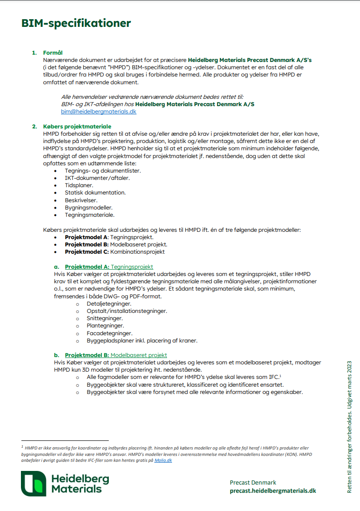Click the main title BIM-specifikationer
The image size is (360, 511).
click(76, 23)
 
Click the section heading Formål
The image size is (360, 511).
click(53, 53)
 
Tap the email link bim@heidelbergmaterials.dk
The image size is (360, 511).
click(99, 112)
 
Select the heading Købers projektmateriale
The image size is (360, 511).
click(77, 126)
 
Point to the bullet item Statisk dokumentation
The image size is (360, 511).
click(95, 193)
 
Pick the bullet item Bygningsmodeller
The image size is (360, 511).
click(88, 207)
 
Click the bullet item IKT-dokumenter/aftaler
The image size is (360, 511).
click(97, 178)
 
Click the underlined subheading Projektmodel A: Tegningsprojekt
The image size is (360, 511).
click(109, 266)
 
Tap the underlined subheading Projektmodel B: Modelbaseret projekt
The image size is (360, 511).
click(116, 355)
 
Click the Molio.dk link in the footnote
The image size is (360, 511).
click(163, 460)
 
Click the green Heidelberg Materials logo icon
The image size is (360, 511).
click(34, 483)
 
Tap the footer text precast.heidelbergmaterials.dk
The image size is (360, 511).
click(273, 490)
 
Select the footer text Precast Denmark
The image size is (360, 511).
click(253, 482)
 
